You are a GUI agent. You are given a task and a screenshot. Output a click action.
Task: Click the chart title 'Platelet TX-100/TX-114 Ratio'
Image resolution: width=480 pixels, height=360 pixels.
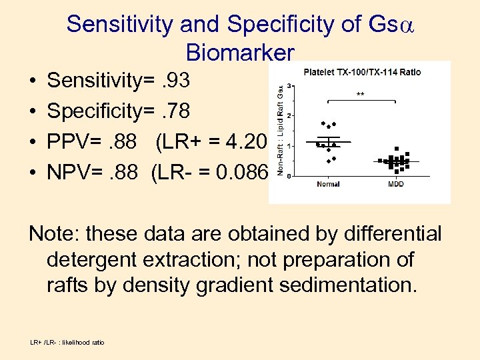pos(362,72)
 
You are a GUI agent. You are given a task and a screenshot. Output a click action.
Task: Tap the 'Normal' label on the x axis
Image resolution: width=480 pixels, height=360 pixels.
pos(328,184)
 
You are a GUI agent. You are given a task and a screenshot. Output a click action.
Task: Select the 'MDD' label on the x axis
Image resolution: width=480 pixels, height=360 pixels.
pos(396,184)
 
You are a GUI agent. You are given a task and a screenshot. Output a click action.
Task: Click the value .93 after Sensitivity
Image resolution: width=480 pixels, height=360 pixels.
pos(175,81)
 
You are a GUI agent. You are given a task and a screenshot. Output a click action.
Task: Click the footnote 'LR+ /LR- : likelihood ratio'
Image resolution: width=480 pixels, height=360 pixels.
pos(67,343)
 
